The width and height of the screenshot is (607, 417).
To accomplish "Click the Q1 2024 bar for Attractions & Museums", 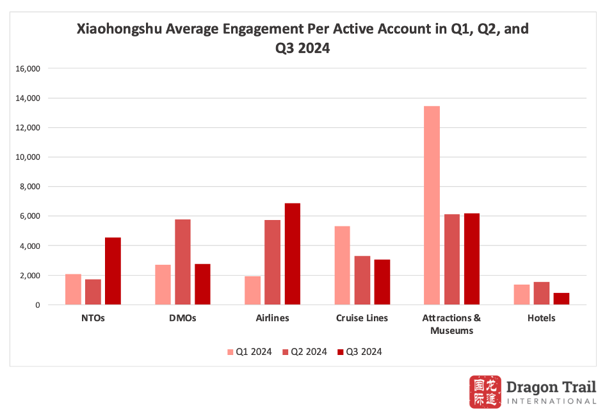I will (432, 205).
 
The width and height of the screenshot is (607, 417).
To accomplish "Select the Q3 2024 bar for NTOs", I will (113, 271).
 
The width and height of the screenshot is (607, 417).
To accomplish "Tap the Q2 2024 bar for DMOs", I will (182, 262).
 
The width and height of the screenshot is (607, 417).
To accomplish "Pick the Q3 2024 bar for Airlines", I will (292, 254).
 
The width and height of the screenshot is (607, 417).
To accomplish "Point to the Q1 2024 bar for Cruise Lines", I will (342, 265).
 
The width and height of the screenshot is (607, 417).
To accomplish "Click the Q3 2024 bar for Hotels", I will (561, 299).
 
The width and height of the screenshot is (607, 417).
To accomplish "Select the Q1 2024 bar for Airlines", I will (252, 290).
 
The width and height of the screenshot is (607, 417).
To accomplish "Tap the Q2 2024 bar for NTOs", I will (93, 292).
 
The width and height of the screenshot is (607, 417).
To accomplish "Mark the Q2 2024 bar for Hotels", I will (541, 294).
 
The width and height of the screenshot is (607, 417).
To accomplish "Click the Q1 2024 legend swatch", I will (231, 352).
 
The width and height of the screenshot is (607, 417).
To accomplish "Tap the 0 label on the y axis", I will (38, 305).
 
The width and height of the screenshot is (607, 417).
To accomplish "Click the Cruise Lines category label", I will (362, 318).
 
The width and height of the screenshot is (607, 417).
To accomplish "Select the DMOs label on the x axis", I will (182, 318).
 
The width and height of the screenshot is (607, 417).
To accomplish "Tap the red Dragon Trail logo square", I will (485, 392).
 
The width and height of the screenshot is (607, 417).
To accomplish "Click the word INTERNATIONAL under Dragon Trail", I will (551, 401).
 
